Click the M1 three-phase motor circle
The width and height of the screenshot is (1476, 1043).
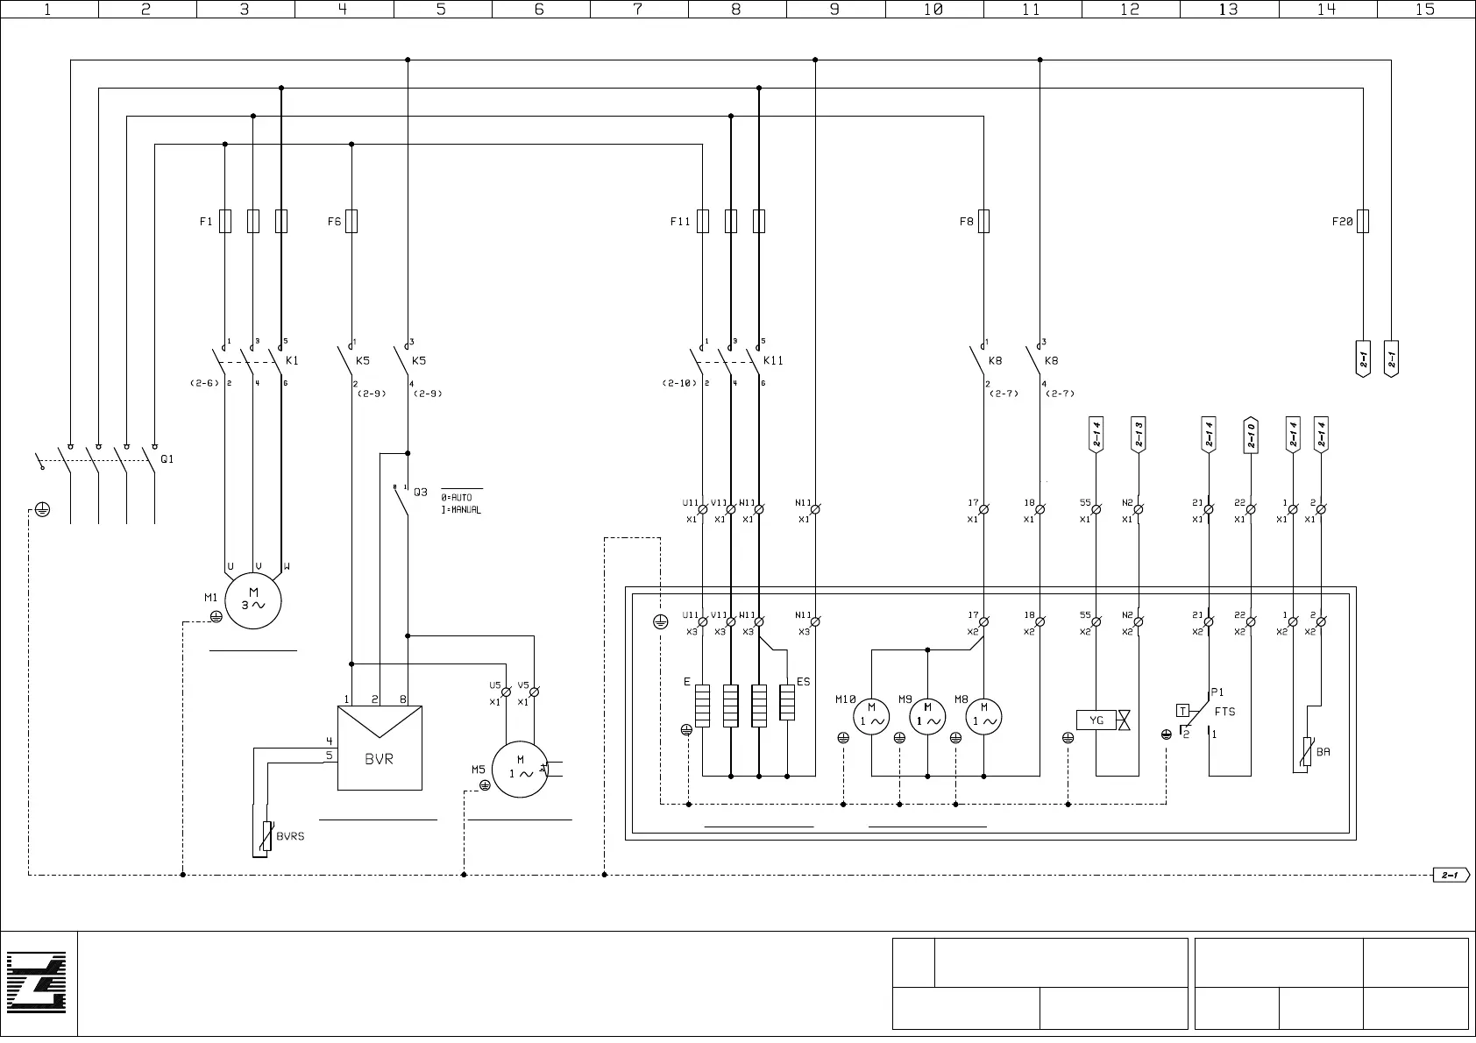[x=253, y=600]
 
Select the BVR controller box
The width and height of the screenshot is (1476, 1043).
[x=380, y=748]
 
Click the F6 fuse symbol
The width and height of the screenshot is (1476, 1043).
[x=351, y=221]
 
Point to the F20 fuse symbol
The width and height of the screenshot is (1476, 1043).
[x=1363, y=221]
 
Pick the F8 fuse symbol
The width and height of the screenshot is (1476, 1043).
[x=983, y=221]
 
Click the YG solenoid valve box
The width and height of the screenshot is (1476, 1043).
[x=1096, y=720]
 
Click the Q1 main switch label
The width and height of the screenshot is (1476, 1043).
[x=167, y=459]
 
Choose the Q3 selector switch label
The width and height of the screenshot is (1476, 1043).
[x=421, y=493]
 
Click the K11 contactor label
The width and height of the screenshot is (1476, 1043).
[x=773, y=360]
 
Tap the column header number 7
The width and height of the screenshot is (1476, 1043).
[x=638, y=9]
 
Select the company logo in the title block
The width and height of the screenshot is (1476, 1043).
[x=38, y=984]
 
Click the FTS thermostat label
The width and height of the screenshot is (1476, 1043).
[x=1224, y=712]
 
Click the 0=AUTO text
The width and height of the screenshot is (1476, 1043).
[x=457, y=498]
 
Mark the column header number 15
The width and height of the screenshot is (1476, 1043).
[x=1425, y=9]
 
